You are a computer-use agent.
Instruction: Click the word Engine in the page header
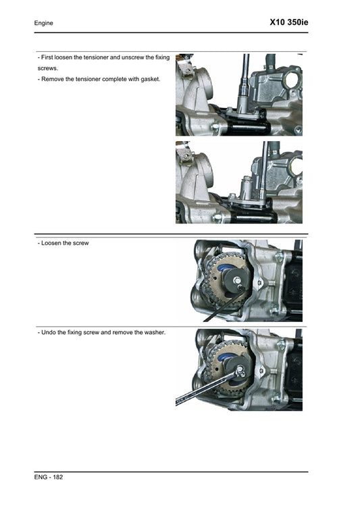pyautogui.click(x=44, y=24)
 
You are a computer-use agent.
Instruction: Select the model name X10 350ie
pyautogui.click(x=288, y=22)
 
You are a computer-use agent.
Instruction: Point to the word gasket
pyautogui.click(x=149, y=80)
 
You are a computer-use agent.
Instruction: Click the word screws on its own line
pyautogui.click(x=48, y=68)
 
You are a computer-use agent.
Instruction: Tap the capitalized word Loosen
pyautogui.click(x=53, y=243)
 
